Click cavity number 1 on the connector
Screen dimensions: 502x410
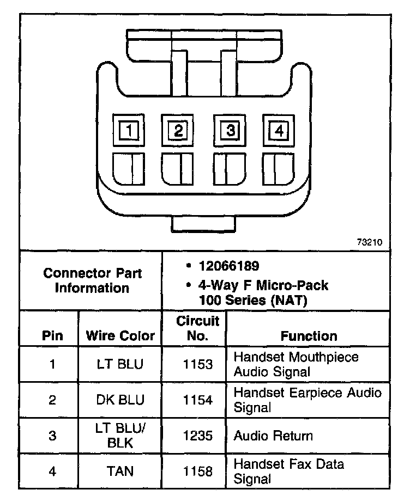pos(129,131)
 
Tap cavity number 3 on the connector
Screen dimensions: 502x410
pos(230,131)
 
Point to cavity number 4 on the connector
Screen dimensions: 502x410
pos(279,131)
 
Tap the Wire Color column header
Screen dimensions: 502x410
pos(120,335)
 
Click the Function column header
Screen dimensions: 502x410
pos(309,336)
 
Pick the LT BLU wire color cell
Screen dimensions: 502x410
pos(120,364)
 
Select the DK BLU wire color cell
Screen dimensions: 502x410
pos(120,400)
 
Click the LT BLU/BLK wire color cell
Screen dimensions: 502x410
pos(120,436)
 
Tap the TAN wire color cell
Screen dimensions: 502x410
pos(120,471)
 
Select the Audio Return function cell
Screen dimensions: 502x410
pos(273,436)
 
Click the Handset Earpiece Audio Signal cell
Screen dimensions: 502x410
pos(307,400)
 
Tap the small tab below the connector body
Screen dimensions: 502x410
pos(204,223)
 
